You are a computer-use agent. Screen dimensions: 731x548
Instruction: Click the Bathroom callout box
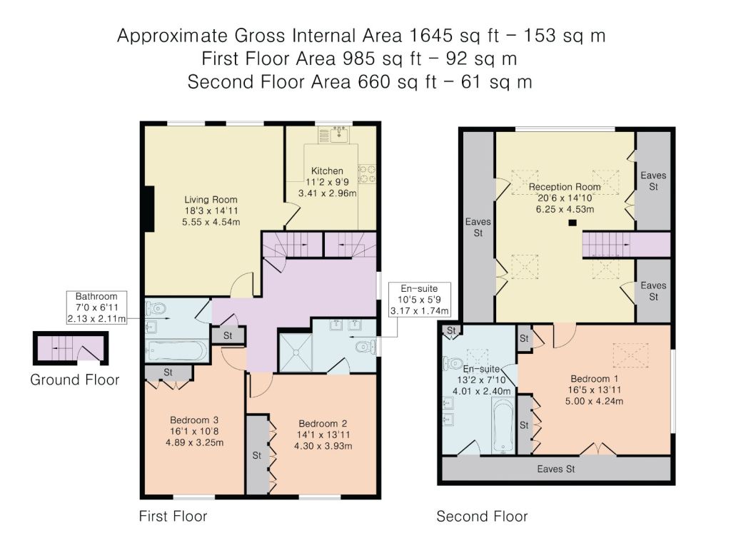point(96,308)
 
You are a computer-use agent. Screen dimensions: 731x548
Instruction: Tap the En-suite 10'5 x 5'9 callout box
point(420,299)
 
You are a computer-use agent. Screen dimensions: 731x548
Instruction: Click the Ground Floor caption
point(74,380)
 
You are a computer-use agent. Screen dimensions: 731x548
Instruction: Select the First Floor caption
point(173,516)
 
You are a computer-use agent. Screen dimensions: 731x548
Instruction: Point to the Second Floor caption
point(482,516)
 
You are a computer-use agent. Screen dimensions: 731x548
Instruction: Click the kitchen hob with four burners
point(367,174)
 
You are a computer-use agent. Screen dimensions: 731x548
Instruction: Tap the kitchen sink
point(339,135)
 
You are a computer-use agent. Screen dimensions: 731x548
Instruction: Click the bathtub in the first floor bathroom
point(176,351)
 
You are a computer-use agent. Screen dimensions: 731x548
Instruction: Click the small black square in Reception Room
point(572,223)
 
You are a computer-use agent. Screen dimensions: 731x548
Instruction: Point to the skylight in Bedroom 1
point(630,355)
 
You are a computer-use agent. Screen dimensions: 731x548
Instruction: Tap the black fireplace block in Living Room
point(148,209)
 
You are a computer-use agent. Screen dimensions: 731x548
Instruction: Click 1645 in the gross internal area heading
point(430,36)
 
